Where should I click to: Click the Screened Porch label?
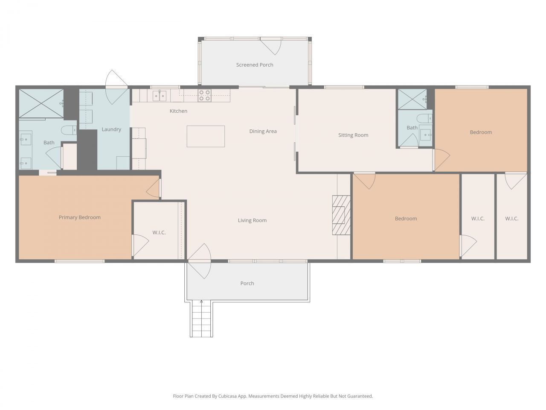click(255, 65)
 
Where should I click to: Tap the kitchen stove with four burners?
click(204, 95)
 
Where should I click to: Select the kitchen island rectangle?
click(206, 136)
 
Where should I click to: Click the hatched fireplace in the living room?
click(341, 215)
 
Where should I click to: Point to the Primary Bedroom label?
click(80, 217)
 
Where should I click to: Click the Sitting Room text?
click(353, 135)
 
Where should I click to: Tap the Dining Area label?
click(263, 131)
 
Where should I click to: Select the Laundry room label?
click(111, 129)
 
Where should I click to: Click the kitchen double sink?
click(159, 96)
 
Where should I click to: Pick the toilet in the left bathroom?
click(69, 130)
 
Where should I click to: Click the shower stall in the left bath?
click(41, 103)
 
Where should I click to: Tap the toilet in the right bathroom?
click(425, 118)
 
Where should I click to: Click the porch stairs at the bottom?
click(201, 319)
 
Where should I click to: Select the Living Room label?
click(252, 220)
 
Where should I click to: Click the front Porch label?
click(247, 283)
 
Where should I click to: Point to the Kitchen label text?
click(178, 111)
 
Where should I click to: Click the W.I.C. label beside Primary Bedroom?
click(159, 232)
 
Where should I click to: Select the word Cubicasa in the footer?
click(228, 396)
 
